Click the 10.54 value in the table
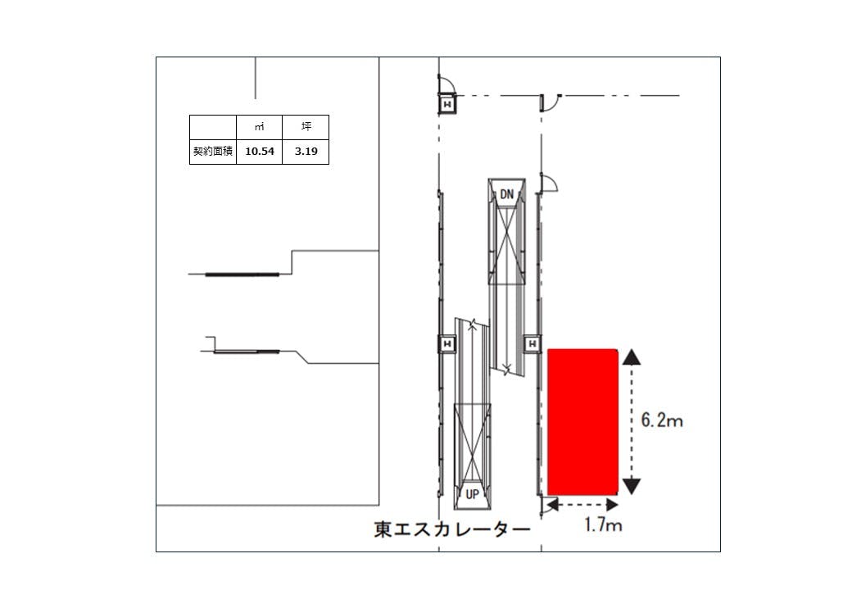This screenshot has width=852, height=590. [259, 152]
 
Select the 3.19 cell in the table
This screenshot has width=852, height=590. [306, 152]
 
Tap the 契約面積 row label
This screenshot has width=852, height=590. [213, 152]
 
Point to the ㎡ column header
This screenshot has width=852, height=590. [259, 127]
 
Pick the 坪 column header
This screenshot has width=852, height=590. [306, 127]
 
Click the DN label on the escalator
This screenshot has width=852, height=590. [506, 193]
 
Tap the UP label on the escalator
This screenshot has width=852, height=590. [473, 494]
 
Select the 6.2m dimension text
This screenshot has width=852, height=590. [661, 421]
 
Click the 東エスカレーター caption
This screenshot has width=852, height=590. [452, 529]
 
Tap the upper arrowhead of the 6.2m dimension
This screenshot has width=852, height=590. [632, 356]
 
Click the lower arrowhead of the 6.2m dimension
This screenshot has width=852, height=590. [632, 486]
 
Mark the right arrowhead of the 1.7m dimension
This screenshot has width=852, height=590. [611, 506]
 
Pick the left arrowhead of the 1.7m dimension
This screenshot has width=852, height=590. [555, 506]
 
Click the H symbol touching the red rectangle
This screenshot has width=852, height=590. [532, 344]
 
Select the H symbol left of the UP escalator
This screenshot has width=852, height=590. [447, 344]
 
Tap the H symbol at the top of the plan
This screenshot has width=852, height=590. [447, 105]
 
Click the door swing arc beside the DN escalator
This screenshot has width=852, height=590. [552, 184]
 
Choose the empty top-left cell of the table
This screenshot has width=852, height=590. [213, 127]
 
